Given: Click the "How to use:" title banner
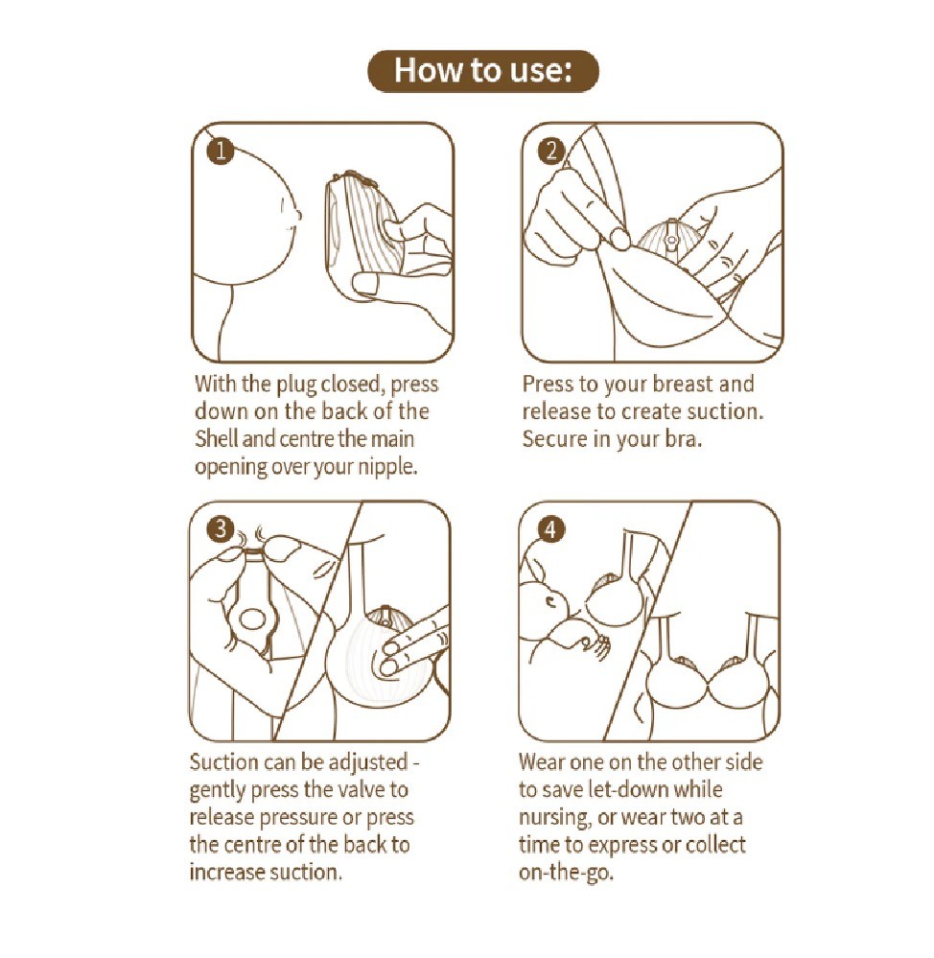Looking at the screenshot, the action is point(482,71).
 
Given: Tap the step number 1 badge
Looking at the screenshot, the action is point(221,151).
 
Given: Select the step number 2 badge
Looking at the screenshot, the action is point(551,151).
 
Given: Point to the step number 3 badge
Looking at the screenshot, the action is point(221,529).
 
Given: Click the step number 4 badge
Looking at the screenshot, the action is point(551,529).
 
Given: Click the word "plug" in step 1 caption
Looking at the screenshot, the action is point(296,385).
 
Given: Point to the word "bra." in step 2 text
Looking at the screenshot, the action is point(683,439).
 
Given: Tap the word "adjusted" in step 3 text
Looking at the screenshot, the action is point(367,763).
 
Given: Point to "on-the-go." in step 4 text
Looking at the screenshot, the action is point(566,873).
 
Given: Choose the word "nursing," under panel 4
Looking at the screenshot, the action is point(554,818).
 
